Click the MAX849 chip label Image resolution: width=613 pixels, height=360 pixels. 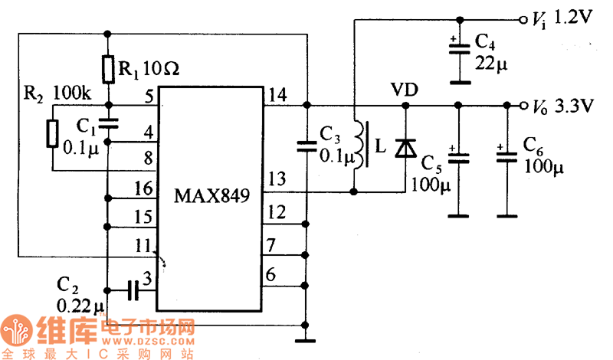click(211, 195)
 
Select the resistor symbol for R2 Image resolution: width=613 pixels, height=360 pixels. click(52, 133)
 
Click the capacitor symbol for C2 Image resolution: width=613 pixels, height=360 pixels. click(133, 290)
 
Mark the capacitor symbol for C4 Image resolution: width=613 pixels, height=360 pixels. click(458, 47)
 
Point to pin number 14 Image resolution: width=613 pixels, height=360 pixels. click(277, 95)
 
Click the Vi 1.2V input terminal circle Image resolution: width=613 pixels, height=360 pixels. click(523, 19)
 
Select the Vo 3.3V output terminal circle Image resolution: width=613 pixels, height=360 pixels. click(523, 105)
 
